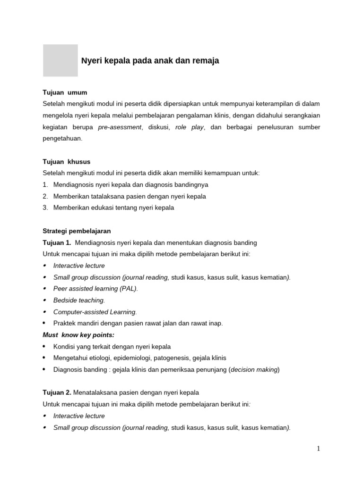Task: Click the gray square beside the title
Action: (60, 60)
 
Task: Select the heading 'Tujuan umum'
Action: (65, 92)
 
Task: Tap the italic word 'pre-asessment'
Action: (120, 127)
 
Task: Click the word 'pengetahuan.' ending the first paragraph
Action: (62, 138)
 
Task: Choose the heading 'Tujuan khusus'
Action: (66, 162)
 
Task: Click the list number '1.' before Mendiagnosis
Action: (45, 184)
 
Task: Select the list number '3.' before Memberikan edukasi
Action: (45, 208)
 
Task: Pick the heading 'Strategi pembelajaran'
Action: (77, 231)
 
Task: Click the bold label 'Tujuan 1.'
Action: (57, 242)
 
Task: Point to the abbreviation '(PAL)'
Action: (128, 289)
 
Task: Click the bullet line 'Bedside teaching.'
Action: (79, 300)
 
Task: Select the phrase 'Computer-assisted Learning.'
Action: (95, 312)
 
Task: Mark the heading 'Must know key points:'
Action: (78, 335)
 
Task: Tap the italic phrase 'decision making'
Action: (254, 369)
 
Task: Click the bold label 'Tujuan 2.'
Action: (57, 392)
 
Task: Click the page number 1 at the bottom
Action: (319, 449)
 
